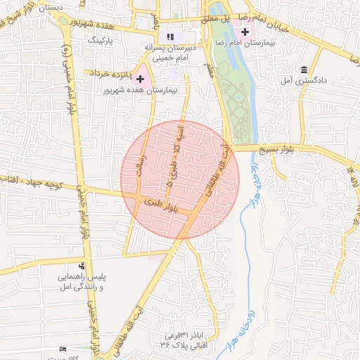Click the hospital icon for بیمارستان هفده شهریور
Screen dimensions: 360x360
[x=141, y=79]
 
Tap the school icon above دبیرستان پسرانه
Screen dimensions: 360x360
[x=169, y=36]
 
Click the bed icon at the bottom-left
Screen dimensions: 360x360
[x=63, y=349]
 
